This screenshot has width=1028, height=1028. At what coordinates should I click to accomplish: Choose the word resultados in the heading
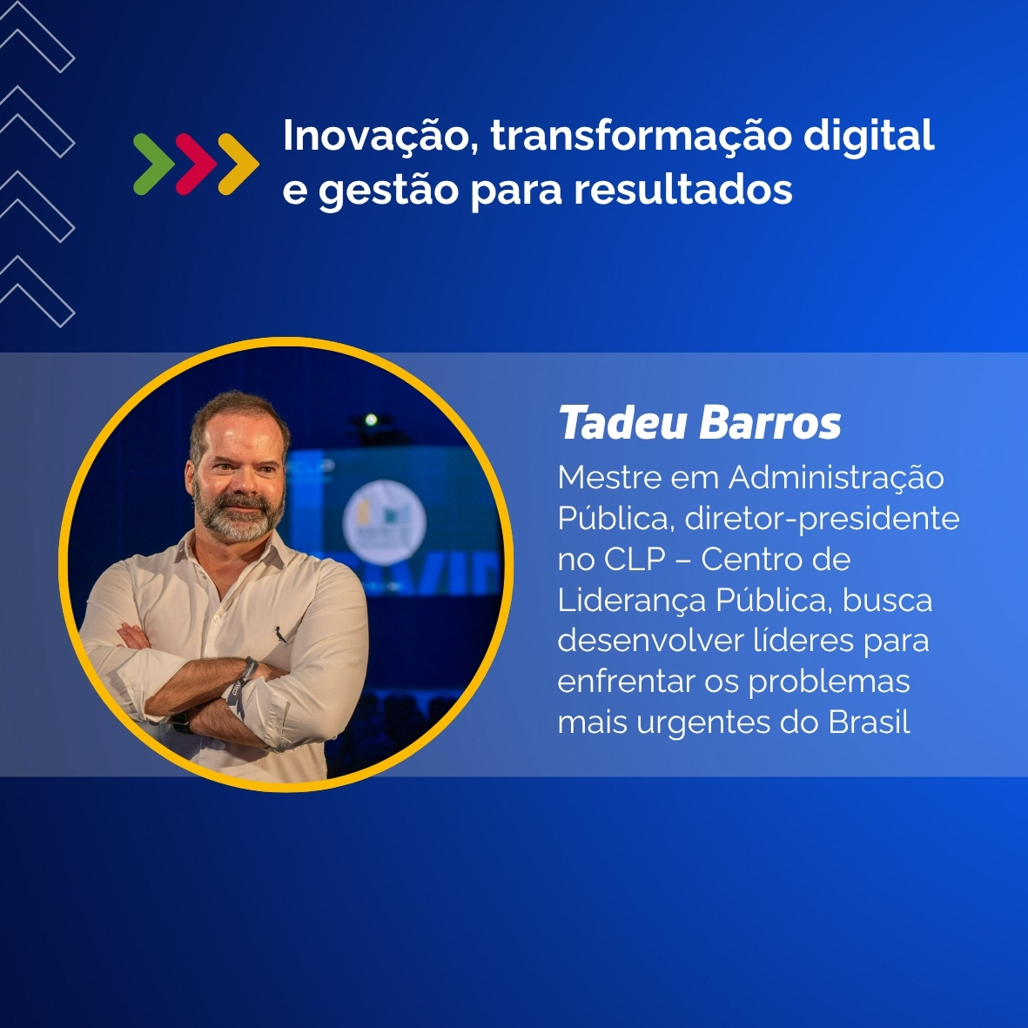point(683,190)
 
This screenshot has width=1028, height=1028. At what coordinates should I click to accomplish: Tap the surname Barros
point(770,423)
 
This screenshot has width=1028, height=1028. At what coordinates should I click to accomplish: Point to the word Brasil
point(869,722)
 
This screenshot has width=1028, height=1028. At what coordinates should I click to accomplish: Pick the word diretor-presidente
point(822,519)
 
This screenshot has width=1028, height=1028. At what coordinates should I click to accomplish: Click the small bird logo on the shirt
point(280,634)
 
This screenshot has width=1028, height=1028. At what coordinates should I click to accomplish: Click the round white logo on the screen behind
point(384,522)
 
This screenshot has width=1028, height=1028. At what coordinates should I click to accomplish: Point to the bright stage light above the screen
point(371,420)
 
